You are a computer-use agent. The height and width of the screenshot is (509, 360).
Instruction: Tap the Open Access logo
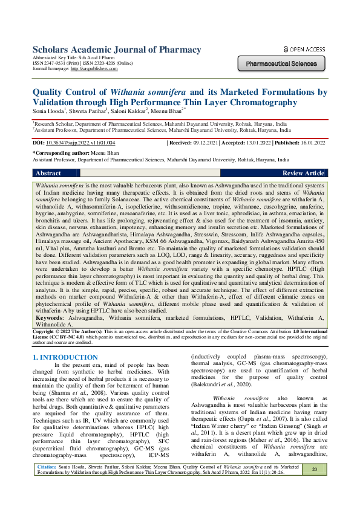coord(304,49)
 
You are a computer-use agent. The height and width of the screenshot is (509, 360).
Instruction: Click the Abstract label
coord(48,173)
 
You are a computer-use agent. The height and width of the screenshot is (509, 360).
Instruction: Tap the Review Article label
coord(303,173)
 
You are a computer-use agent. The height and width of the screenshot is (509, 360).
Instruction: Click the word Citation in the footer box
coord(47,484)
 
